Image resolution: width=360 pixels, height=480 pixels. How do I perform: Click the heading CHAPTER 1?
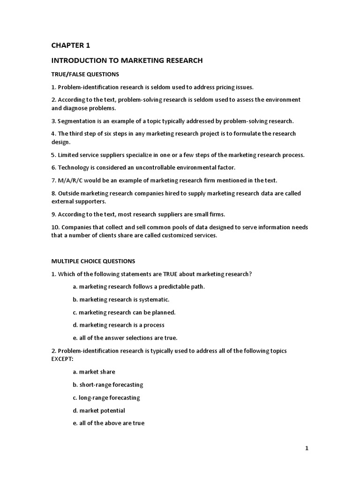[x=70, y=45]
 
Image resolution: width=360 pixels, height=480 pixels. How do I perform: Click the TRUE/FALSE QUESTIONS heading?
[x=85, y=74]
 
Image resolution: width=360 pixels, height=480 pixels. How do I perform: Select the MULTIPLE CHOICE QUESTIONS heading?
[x=93, y=261]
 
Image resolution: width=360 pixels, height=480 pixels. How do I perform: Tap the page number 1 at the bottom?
[x=307, y=448]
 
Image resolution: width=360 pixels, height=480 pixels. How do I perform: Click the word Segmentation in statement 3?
[x=77, y=121]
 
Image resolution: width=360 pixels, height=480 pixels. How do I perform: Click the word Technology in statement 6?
[x=74, y=167]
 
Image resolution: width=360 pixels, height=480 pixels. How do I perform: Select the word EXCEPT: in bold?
[x=62, y=359]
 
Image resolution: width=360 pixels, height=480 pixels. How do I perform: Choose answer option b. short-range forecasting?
[x=108, y=385]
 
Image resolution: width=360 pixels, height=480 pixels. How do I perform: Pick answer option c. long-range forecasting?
[x=106, y=397]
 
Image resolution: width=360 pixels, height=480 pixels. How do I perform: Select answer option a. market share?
[x=94, y=372]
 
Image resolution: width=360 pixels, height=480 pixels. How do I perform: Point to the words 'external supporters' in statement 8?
[x=78, y=202]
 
